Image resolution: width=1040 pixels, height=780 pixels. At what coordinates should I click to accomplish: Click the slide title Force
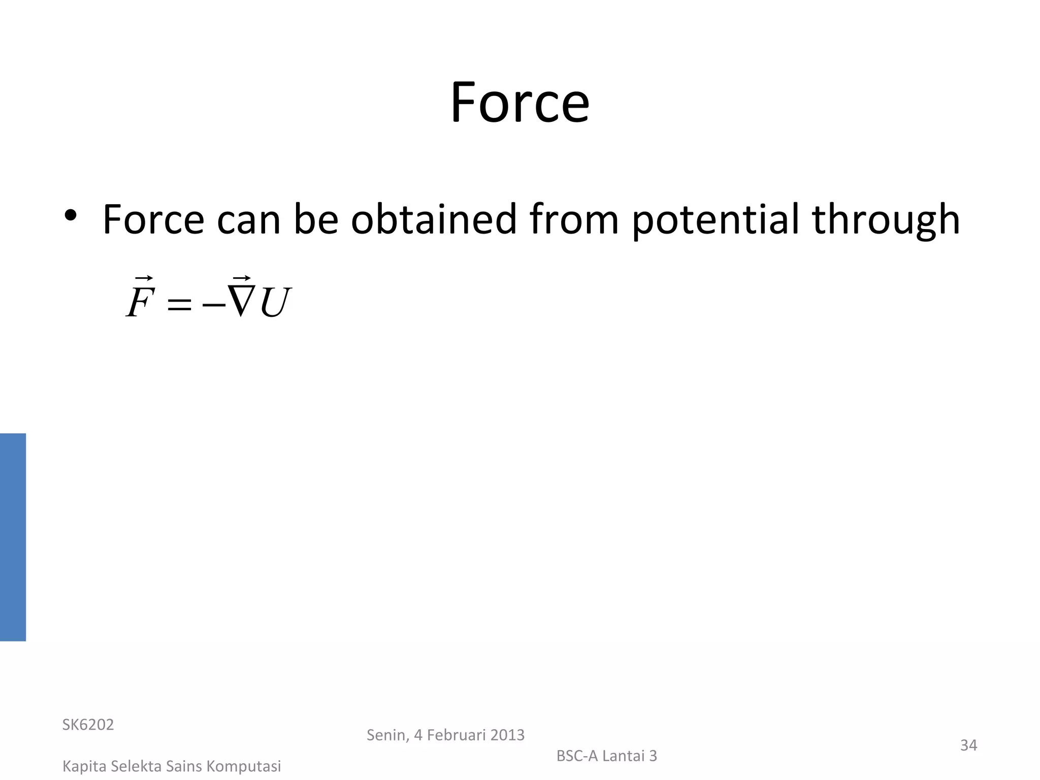tap(519, 103)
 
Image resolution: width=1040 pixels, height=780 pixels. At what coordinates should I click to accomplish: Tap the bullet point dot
tap(71, 216)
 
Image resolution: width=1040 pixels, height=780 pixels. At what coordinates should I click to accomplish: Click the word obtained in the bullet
tap(434, 219)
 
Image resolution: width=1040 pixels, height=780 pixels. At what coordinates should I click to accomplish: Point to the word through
tap(886, 220)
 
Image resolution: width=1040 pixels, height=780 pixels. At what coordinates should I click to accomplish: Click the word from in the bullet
tap(574, 219)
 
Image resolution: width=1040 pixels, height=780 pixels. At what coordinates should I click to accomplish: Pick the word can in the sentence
tap(248, 220)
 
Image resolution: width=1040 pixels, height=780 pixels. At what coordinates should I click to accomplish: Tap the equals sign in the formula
tap(179, 305)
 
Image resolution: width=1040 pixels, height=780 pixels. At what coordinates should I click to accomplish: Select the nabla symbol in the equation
tap(240, 301)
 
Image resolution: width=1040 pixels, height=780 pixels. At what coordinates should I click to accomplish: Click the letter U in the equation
tap(275, 303)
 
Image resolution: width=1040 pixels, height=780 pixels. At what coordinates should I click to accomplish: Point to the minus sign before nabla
tap(214, 305)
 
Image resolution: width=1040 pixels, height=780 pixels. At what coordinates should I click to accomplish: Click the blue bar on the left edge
tap(13, 537)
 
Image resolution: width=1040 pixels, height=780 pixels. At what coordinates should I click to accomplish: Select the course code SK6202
tap(88, 725)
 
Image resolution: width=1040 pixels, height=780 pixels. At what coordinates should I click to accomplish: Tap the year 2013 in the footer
tap(507, 735)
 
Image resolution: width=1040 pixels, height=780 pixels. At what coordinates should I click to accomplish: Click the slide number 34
tap(968, 745)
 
